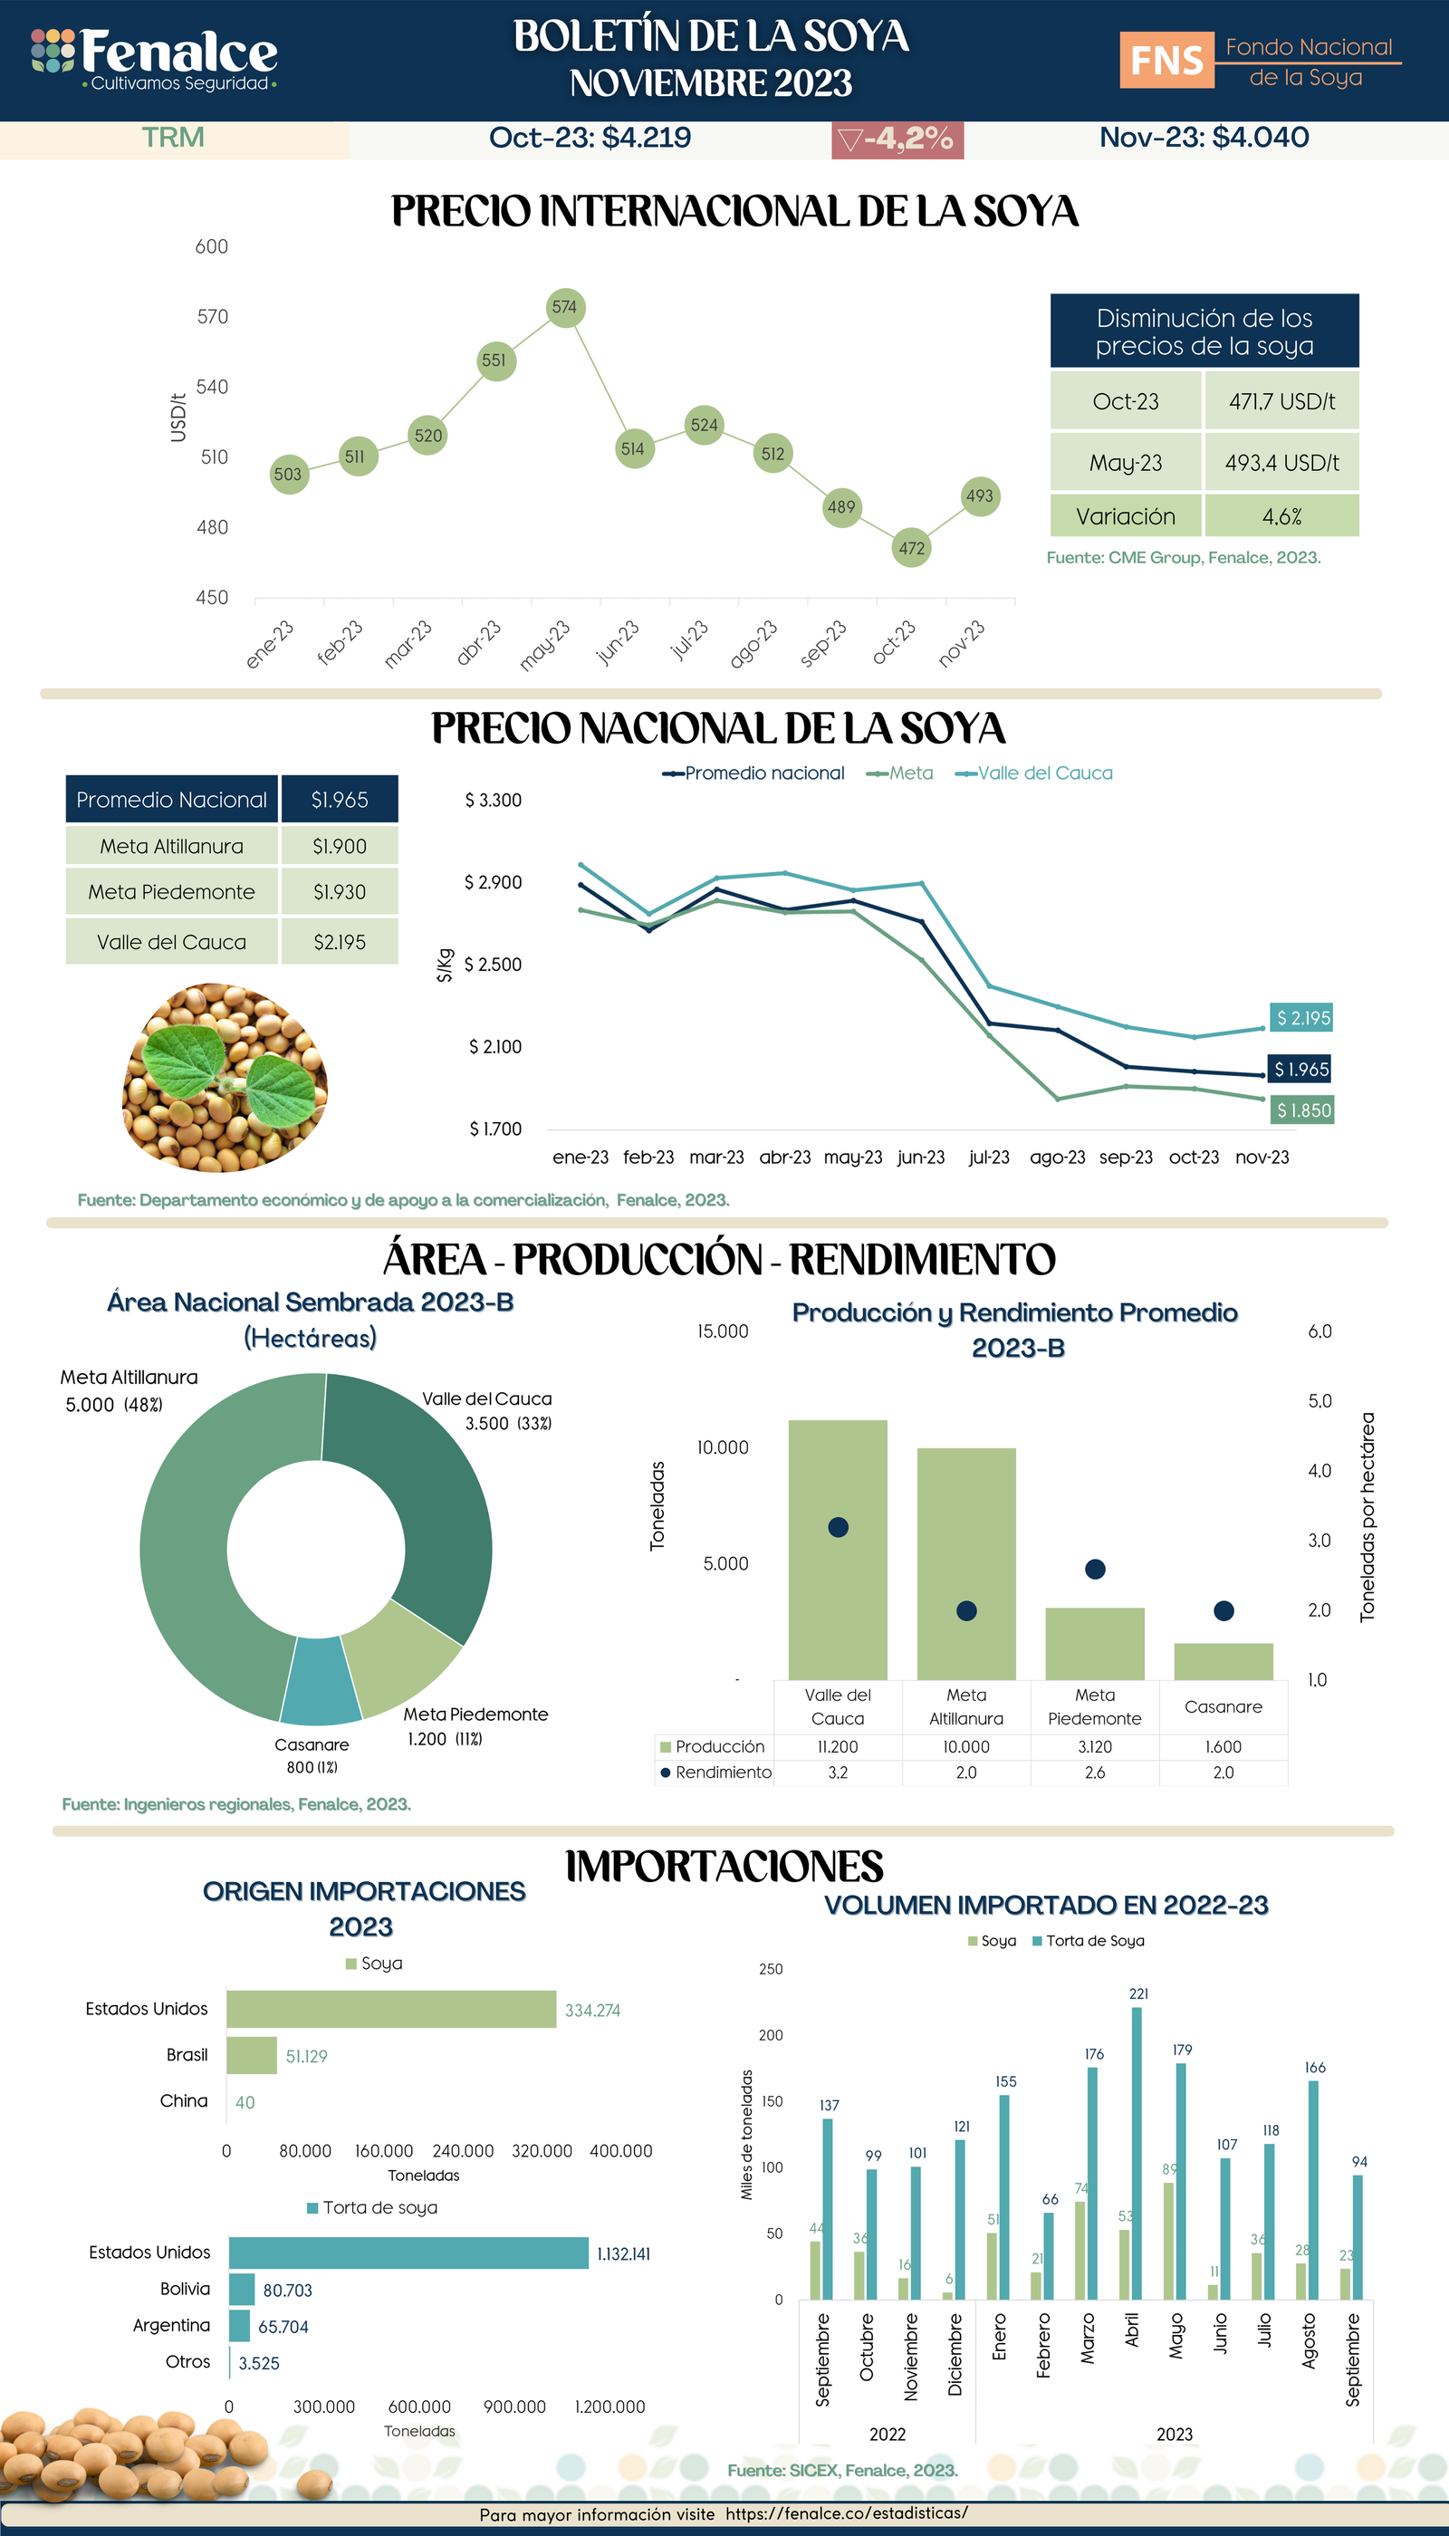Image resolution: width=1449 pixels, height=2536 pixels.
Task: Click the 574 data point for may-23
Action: (564, 308)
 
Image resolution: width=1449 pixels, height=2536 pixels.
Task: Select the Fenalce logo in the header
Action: (154, 60)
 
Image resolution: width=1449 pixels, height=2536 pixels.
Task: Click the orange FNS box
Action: (1166, 61)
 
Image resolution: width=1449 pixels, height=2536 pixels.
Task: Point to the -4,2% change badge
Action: (897, 139)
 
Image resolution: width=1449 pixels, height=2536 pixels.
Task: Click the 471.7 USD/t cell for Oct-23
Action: (1281, 402)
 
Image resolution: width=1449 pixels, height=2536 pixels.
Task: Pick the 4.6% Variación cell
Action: (1281, 516)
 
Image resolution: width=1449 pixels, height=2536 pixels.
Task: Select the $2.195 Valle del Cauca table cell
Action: (340, 942)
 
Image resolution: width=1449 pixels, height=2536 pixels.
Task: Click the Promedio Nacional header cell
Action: (172, 799)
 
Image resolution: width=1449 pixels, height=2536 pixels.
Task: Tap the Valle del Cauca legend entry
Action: (1035, 773)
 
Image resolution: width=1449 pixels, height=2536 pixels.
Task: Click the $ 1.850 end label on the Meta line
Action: (1302, 1110)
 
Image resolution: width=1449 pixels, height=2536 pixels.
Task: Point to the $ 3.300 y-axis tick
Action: (493, 801)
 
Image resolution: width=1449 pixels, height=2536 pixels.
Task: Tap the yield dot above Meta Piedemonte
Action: (1095, 1570)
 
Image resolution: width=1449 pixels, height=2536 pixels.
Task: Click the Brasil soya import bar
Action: (252, 2055)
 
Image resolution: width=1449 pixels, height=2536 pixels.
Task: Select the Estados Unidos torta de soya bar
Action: (408, 2253)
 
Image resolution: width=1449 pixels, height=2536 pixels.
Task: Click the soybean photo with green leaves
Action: (225, 1077)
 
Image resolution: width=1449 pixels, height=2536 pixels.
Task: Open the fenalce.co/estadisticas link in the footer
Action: (846, 2513)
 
